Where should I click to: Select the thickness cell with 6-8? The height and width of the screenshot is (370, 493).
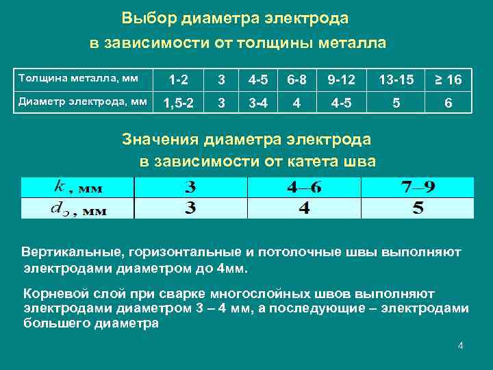point(296,80)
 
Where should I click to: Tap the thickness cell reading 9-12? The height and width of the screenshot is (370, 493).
point(341,80)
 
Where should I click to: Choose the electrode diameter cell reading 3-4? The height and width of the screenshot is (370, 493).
point(258,103)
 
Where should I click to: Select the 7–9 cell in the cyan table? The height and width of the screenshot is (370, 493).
point(418,187)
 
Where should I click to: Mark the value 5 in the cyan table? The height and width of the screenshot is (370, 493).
point(418,208)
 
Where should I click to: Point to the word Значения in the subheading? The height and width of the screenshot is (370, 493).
point(160,140)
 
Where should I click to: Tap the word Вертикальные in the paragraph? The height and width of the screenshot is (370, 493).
point(68,251)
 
